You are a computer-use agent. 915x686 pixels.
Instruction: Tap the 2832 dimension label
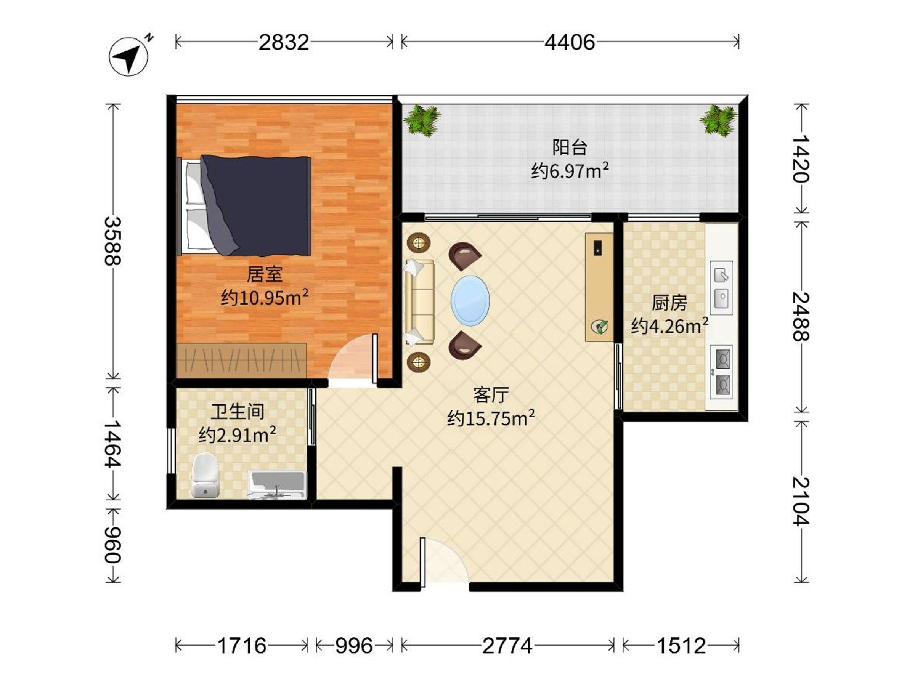(x=284, y=42)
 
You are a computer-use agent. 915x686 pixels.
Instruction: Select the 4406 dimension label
(x=570, y=42)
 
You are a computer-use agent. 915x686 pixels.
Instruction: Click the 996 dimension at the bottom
(x=354, y=646)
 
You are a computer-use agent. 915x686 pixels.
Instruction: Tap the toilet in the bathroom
(x=205, y=475)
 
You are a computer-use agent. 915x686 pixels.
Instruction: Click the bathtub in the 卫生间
(x=277, y=485)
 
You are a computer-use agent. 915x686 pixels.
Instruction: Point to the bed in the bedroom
(x=244, y=205)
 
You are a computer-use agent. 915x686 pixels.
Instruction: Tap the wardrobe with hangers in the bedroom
(x=242, y=360)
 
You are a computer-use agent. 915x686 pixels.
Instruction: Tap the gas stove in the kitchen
(x=721, y=372)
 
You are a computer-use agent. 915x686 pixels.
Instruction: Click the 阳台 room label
(x=570, y=147)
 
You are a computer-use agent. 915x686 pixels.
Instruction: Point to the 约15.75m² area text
(x=491, y=418)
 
